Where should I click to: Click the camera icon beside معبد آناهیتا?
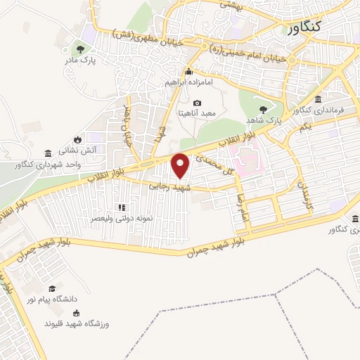coord(197,103)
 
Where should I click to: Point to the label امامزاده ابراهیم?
coord(188,82)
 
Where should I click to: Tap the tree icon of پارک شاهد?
coord(263,109)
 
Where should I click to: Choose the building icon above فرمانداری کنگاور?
coord(319,98)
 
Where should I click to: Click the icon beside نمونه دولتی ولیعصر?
coord(121,207)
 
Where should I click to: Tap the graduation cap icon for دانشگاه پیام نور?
coord(51,288)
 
